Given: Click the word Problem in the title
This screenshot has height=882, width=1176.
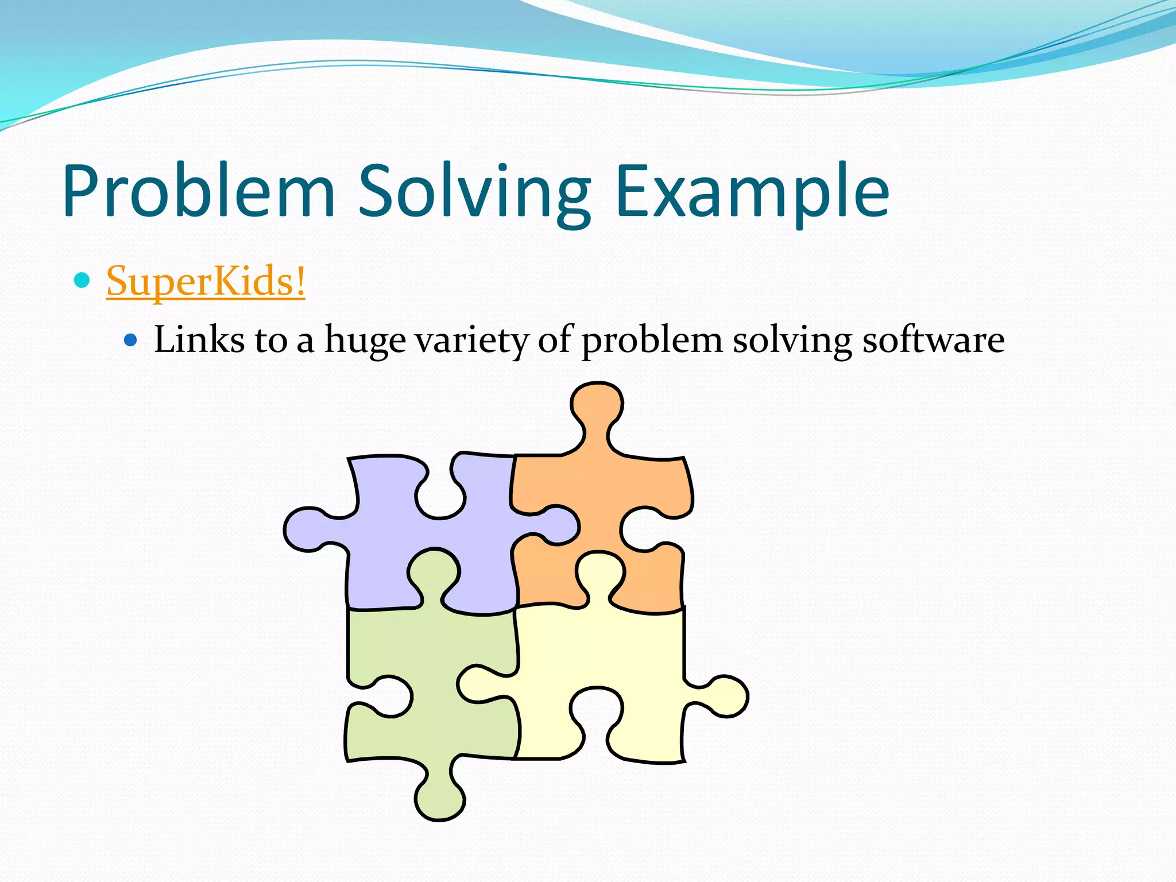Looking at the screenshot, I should pyautogui.click(x=199, y=191).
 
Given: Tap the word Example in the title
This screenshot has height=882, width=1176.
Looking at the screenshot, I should pyautogui.click(x=752, y=191).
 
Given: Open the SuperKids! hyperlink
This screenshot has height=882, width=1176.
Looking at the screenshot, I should pyautogui.click(x=206, y=281).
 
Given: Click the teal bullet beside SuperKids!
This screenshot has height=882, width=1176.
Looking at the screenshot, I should pyautogui.click(x=83, y=280).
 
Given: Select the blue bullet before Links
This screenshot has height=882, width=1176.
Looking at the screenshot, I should pyautogui.click(x=131, y=340).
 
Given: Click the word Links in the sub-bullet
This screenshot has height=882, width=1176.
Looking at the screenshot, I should pyautogui.click(x=199, y=339).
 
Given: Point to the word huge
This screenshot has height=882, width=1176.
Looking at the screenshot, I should pyautogui.click(x=365, y=341).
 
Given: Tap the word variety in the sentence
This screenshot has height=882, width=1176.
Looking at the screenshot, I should pyautogui.click(x=471, y=341).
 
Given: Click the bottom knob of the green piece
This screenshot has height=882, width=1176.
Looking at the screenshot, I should pyautogui.click(x=439, y=798).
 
